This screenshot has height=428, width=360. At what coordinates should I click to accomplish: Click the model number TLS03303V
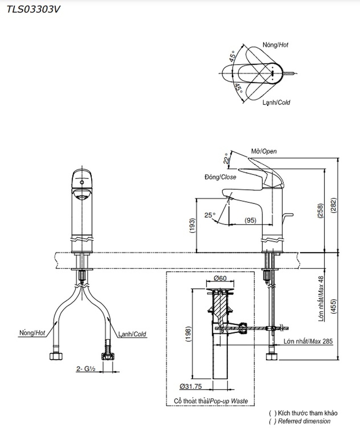30,9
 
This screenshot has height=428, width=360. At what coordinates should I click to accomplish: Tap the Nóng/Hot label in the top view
275,44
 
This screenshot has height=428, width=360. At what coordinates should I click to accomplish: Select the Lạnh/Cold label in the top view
276,102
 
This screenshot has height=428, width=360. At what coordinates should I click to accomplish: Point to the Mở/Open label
264,152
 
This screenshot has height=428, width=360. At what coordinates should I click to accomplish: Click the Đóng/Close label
220,177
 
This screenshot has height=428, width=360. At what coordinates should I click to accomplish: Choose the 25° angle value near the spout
210,215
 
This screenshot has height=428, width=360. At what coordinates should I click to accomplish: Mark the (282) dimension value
334,206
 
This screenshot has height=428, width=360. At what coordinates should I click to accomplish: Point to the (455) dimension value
334,305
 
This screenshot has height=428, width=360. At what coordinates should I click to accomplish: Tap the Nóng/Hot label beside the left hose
32,334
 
